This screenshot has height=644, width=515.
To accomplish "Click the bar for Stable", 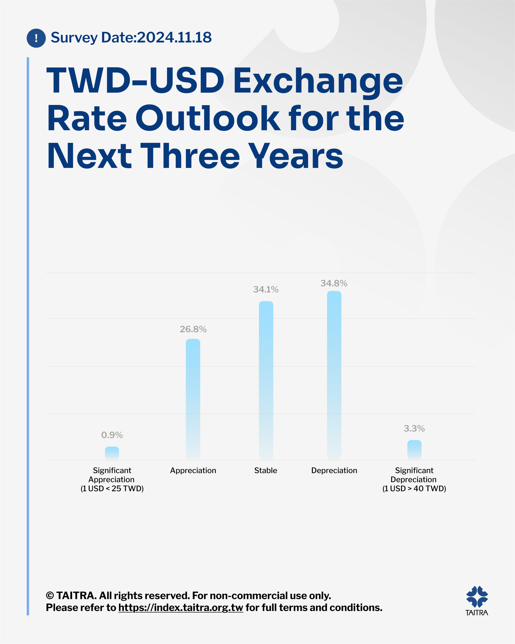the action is point(266,380).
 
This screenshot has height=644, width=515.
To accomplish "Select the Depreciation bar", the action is point(334,375).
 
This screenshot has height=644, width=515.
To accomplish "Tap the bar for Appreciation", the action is point(193,399).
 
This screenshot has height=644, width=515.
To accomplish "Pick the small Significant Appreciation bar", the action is point(112,453).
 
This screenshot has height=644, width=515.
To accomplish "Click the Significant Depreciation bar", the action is point(414,450).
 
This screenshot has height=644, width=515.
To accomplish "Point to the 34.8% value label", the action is point(334,283).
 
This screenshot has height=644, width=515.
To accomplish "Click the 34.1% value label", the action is point(266,289).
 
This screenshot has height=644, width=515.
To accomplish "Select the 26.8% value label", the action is point(193,329).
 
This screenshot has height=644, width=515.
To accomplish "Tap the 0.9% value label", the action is point(112,435).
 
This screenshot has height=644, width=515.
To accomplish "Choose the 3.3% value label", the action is point(414,428).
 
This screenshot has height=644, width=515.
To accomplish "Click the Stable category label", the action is point(266,470).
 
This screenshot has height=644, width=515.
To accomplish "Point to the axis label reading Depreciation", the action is point(334,470).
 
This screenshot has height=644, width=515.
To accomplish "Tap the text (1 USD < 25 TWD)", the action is point(112,488).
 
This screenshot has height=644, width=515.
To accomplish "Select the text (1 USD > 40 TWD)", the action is point(414,488).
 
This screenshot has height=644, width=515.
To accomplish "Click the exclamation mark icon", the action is point(36,38).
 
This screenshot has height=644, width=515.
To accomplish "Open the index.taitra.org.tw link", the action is point(181,608).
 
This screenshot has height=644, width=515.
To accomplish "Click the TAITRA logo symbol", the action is point(477,597).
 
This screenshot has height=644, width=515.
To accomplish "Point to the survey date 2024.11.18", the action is point(174,37).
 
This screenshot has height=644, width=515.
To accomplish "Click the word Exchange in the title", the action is point(318,81).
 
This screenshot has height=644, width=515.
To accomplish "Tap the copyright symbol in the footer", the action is point(50,596).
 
